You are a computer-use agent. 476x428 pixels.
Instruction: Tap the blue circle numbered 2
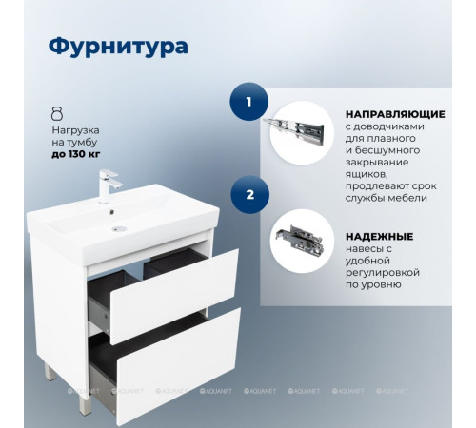click(x=250, y=196)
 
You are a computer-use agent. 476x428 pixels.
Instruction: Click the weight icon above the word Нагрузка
click(x=57, y=112)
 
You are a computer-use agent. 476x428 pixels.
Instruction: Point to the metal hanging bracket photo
click(x=302, y=242)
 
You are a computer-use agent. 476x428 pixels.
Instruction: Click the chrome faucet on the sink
click(x=107, y=186)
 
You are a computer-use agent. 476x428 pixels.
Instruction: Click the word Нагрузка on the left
click(x=76, y=127)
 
